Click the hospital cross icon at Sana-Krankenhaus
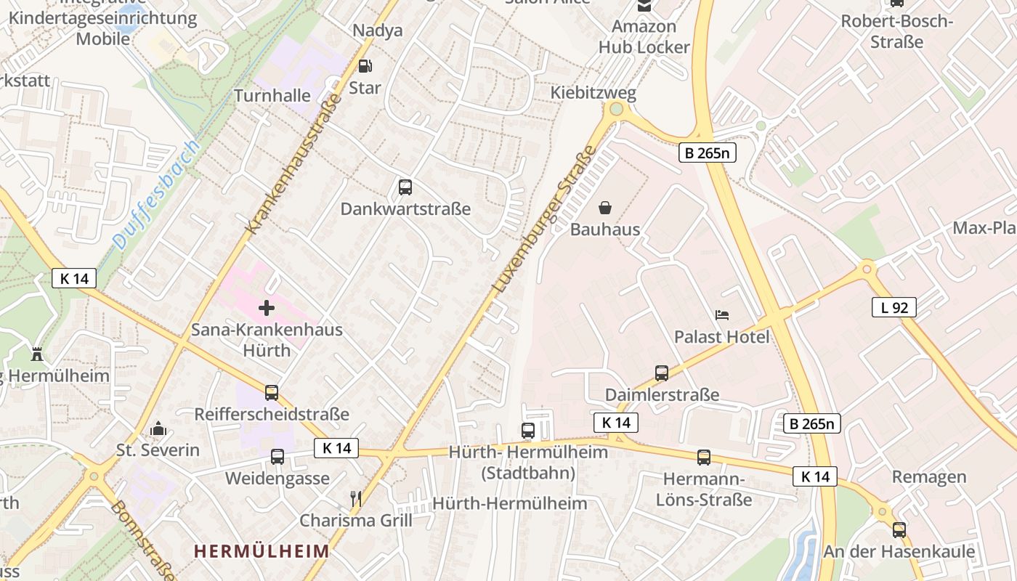tap(267, 308)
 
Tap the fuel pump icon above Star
tap(365, 66)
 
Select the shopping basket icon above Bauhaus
tap(605, 208)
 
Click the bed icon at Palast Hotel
tap(722, 315)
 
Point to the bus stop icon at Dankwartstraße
tap(405, 187)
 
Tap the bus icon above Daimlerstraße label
tap(662, 373)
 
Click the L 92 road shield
tap(894, 307)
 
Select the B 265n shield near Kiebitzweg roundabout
tap(708, 153)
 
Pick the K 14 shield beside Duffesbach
tap(74, 278)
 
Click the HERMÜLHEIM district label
tap(262, 550)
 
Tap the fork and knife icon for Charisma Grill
tap(356, 499)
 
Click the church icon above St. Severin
tap(158, 429)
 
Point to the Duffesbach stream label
tap(155, 195)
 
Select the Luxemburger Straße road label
tap(544, 219)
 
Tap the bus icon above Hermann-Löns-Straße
tap(704, 458)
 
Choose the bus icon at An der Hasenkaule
tap(899, 530)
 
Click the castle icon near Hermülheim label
tap(37, 354)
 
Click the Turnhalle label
tap(272, 96)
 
